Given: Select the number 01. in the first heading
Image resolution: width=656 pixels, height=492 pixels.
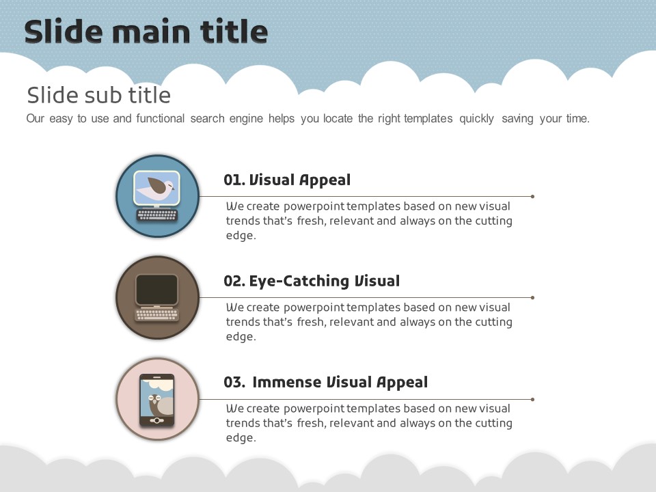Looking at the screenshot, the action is click(234, 180).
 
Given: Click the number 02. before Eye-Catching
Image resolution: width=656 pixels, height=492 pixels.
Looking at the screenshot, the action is click(234, 281).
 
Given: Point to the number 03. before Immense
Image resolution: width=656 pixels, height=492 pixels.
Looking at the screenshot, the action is click(234, 383).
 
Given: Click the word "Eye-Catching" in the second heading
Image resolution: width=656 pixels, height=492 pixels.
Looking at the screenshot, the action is click(299, 282).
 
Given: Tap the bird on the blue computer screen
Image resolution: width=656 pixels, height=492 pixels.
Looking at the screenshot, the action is click(156, 187).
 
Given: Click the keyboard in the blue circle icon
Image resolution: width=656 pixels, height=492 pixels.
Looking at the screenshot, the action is click(157, 215).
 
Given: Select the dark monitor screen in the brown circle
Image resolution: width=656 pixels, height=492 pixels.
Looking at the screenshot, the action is click(157, 290).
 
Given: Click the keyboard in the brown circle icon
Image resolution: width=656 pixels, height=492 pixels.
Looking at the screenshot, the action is click(157, 314).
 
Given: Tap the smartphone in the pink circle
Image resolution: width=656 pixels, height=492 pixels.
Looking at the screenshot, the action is click(157, 400).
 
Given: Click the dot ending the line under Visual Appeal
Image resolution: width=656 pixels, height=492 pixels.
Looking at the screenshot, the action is click(532, 196).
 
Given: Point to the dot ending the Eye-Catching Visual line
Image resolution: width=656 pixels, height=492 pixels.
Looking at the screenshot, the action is click(532, 297).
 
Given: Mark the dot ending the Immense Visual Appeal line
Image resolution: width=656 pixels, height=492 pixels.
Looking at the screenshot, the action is click(532, 399).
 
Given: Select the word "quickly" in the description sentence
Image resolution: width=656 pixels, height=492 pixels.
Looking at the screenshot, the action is click(476, 119).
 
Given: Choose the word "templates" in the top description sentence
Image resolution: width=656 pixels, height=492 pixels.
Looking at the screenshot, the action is click(428, 119).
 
